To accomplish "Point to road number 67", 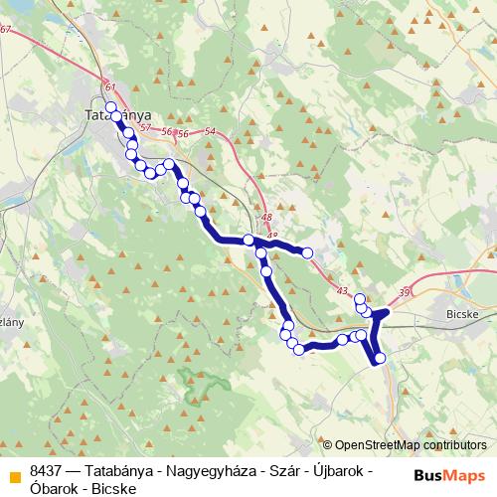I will click(6, 30).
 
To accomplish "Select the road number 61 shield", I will click(108, 87).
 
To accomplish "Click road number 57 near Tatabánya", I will click(145, 128).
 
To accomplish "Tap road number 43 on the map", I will click(342, 290).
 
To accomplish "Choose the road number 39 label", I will click(403, 291).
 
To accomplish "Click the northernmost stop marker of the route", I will click(110, 107).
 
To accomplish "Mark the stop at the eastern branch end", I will click(307, 253).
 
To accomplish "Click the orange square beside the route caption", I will click(12, 472).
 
